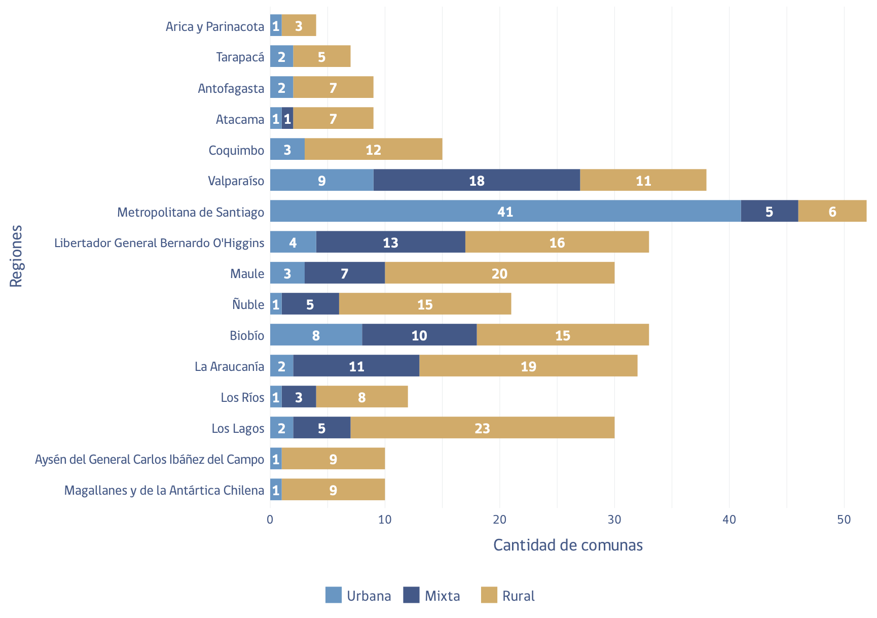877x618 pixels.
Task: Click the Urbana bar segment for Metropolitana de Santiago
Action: tap(505, 211)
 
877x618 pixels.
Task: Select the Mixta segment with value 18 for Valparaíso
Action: tap(477, 180)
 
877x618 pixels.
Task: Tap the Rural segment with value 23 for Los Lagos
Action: tap(482, 428)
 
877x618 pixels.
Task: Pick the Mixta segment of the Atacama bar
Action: tap(287, 118)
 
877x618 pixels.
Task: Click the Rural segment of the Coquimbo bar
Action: tap(374, 149)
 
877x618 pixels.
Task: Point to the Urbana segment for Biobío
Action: tap(316, 335)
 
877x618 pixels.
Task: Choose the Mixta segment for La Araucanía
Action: tap(356, 366)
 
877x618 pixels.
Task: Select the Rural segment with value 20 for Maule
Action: tap(499, 273)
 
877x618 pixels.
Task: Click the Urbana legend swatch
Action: tap(334, 595)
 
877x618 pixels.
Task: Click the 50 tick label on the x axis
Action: tap(844, 520)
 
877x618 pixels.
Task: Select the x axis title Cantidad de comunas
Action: tap(568, 545)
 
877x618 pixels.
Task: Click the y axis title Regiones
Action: tap(16, 256)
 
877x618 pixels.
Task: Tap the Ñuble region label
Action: tap(248, 304)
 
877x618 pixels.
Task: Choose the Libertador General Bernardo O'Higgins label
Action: tap(159, 243)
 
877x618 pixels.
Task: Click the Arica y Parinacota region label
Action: tap(215, 26)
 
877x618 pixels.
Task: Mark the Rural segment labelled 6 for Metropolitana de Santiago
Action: tap(832, 211)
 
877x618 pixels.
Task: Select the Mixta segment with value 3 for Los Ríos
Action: tap(299, 397)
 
